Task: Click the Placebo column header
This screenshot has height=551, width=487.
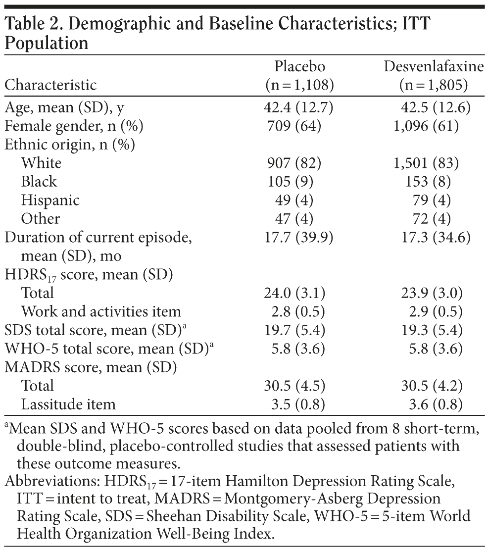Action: pos(300,66)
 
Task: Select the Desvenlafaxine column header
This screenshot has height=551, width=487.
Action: pos(434,66)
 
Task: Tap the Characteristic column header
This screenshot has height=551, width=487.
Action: pos(50,85)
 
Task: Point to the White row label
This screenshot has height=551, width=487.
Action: pos(41,163)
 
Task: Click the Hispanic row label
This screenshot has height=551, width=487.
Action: pos(50,200)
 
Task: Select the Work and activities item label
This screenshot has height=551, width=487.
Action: pos(101,311)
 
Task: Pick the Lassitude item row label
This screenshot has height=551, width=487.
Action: pos(68,404)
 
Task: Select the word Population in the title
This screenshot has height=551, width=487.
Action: pos(47,44)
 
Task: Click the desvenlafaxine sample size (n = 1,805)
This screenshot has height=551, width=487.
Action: pos(434,85)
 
